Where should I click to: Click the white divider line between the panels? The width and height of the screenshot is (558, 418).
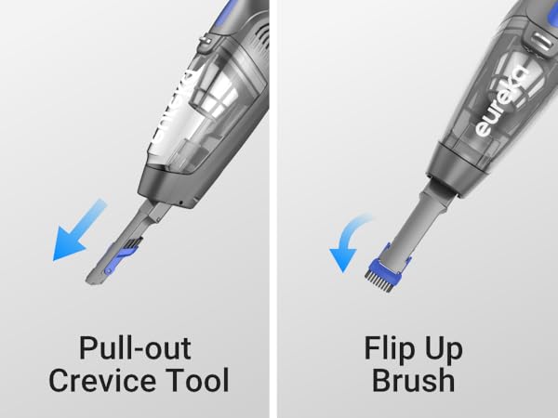[x=275, y=209]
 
